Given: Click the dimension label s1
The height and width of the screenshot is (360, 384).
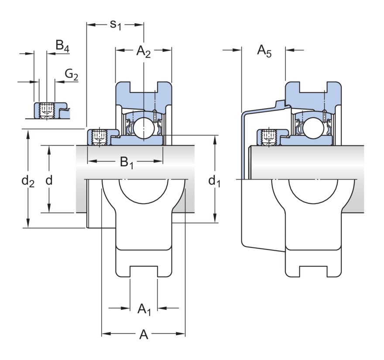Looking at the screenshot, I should point(115,24).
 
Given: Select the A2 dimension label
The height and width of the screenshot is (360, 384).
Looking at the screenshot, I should point(144,51).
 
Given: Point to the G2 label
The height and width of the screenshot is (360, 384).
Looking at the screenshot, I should point(72,75).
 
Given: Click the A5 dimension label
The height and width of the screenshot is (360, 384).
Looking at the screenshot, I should point(264,51).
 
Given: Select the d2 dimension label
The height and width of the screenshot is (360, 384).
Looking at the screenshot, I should point(28,181).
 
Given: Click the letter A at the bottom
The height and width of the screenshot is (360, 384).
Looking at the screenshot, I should point(144,335).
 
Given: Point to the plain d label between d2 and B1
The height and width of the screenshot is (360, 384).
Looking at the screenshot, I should point(49,180).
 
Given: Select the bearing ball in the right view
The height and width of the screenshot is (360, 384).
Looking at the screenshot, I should point(313,127).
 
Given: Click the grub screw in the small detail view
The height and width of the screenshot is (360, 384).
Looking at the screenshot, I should point(46,109).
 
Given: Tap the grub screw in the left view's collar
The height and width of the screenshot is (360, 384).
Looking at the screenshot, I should point(99,137).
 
